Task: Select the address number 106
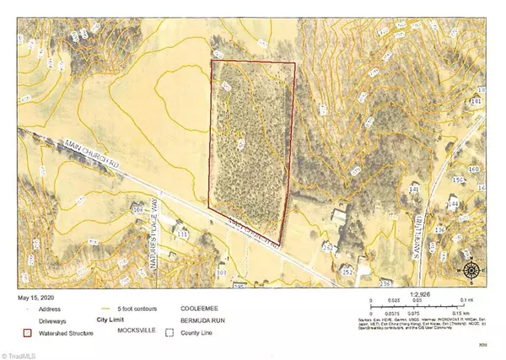click(137, 208)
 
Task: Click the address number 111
click(183, 235)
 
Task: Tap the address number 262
click(328, 247)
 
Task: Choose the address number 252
click(347, 272)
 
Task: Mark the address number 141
click(413, 191)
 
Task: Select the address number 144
click(452, 205)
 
